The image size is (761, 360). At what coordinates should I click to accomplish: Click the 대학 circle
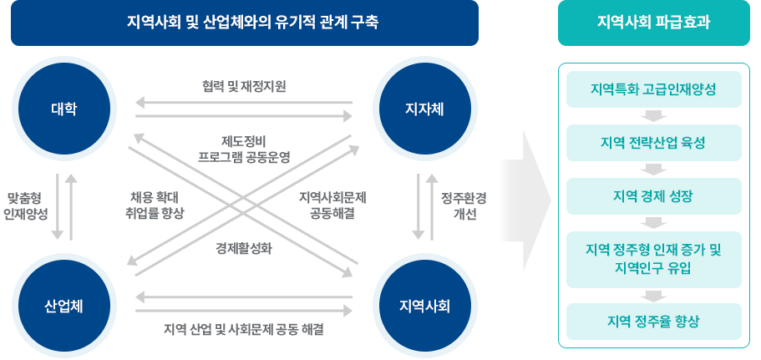pos(63,109)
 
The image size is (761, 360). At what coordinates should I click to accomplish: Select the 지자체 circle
pos(424,109)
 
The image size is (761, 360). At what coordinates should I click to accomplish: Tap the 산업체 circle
pos(63,305)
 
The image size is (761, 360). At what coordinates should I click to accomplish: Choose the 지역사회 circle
pos(425,305)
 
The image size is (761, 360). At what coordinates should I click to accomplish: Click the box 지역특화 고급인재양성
pos(653,89)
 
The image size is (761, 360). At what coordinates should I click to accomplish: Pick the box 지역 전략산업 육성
pos(653,143)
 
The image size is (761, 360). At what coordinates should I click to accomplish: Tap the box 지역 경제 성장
pos(653,196)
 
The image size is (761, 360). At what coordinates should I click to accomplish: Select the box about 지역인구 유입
pos(653,259)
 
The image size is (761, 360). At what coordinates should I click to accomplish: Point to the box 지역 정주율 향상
pos(653,322)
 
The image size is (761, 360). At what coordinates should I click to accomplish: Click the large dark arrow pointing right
pos(525,200)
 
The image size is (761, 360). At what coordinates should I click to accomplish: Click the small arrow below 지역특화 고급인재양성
pos(655,116)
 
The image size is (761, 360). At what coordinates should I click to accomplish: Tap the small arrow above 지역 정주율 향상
pos(655,296)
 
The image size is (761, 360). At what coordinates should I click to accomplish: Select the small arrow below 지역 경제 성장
pos(655,223)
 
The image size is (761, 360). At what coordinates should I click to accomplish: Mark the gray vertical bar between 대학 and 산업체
pos(64,206)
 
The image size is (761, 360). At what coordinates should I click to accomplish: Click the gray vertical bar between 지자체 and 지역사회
pos(425,206)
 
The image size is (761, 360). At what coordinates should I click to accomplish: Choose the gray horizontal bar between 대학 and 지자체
pos(244,109)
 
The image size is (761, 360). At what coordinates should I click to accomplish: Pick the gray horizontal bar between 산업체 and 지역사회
pos(244,304)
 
